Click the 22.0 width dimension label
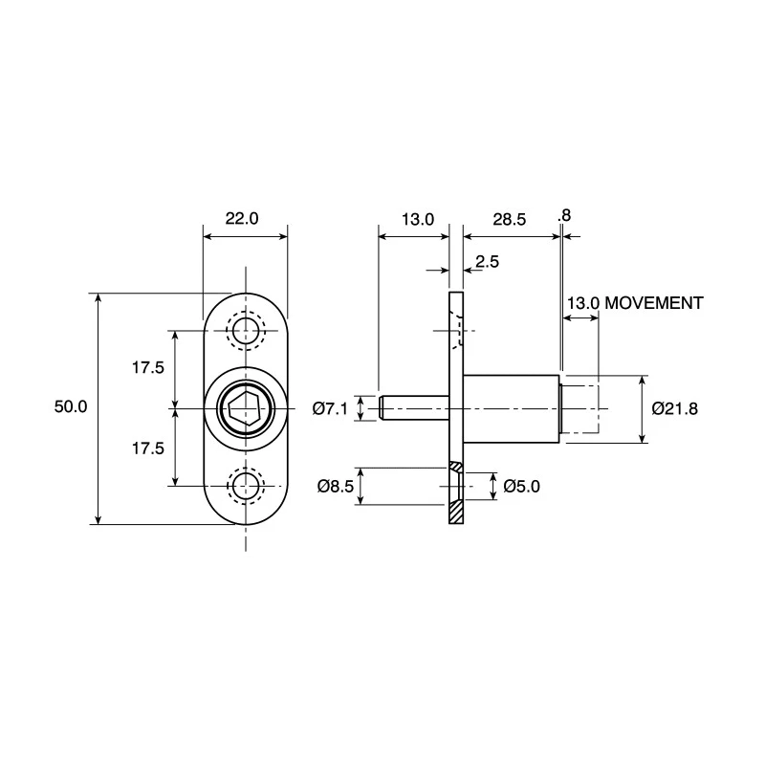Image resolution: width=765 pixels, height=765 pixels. click(242, 219)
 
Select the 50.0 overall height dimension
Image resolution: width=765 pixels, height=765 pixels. click(71, 406)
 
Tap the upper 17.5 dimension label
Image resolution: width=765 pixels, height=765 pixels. click(148, 367)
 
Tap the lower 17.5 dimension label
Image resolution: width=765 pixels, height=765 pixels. click(148, 448)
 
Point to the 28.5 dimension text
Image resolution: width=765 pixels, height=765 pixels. click(510, 220)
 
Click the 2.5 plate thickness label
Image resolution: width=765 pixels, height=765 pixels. click(488, 261)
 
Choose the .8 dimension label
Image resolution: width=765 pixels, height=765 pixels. click(564, 215)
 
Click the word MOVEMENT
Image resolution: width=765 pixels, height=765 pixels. click(654, 303)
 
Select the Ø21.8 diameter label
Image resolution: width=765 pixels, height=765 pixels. click(675, 408)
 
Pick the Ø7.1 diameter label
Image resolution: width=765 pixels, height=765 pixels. click(330, 408)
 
